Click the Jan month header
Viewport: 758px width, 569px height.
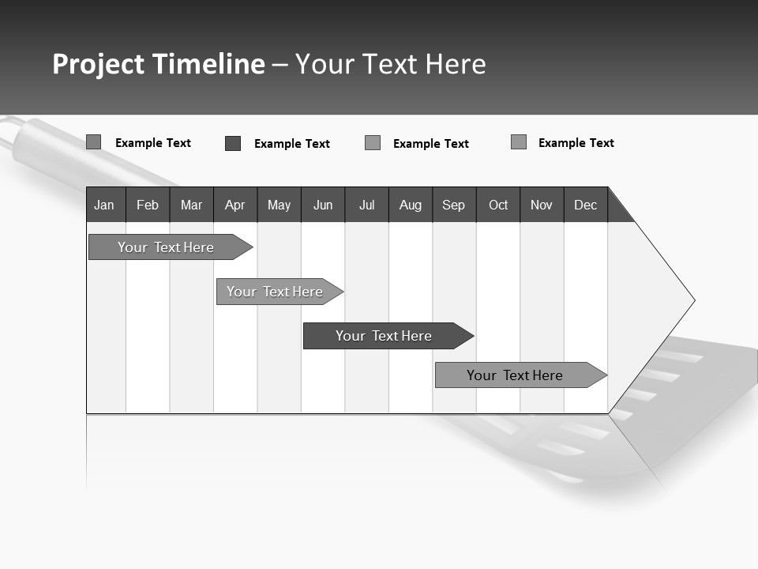[105, 205]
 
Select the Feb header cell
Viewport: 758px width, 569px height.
[148, 205]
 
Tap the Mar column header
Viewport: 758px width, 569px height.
[191, 205]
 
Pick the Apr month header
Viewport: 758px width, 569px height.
[235, 205]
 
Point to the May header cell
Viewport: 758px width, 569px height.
[279, 205]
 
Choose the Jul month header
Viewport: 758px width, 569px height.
[366, 205]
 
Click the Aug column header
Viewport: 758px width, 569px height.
[411, 205]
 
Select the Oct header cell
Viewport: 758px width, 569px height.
[498, 205]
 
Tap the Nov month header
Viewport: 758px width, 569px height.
[542, 205]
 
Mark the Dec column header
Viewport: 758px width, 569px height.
[586, 205]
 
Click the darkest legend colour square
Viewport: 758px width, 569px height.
[233, 143]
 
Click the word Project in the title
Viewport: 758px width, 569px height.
[99, 64]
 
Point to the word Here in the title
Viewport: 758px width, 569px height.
[456, 64]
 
